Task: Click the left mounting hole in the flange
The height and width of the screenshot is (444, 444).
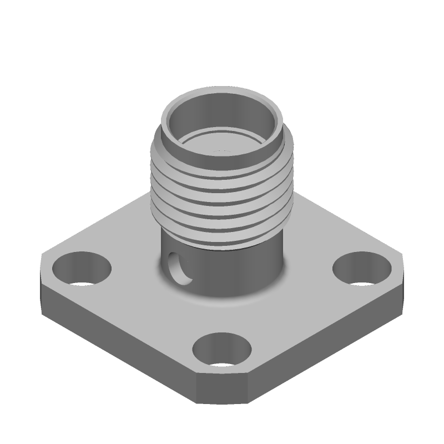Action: [82, 269]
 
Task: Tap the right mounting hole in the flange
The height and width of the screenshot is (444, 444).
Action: [361, 269]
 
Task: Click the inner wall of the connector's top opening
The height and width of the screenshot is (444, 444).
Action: [222, 111]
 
